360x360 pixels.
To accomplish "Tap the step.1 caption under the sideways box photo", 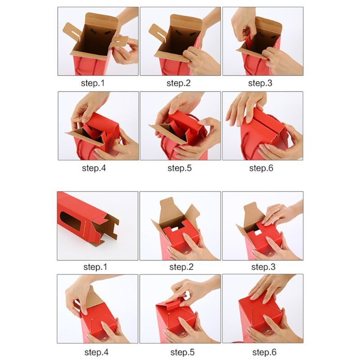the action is [95, 267].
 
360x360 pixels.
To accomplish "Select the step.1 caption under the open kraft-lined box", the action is [93, 83].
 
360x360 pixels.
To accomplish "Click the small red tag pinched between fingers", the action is [248, 39].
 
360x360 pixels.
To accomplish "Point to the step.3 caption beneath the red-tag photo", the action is [260, 83].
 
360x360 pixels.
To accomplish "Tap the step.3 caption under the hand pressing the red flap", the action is [263, 267].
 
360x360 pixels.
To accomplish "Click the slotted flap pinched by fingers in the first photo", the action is [120, 41].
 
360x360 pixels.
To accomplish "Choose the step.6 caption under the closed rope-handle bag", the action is [261, 168].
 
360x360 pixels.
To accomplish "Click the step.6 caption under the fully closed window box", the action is [264, 352].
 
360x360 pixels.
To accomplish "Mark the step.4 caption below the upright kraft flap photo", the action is [96, 352].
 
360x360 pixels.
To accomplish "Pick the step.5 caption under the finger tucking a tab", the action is [182, 352].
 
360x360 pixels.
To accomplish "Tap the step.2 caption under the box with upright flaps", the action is [181, 267].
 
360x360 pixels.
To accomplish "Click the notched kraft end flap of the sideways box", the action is [108, 229].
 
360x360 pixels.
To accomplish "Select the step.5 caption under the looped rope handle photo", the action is [180, 168].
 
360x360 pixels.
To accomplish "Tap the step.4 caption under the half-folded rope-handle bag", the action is [94, 168].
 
